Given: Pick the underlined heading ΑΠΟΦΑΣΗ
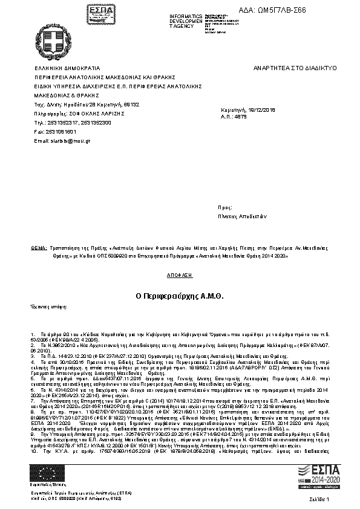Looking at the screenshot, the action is (x=180, y=274).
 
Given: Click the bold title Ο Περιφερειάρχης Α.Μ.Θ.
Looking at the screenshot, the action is (x=180, y=296).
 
